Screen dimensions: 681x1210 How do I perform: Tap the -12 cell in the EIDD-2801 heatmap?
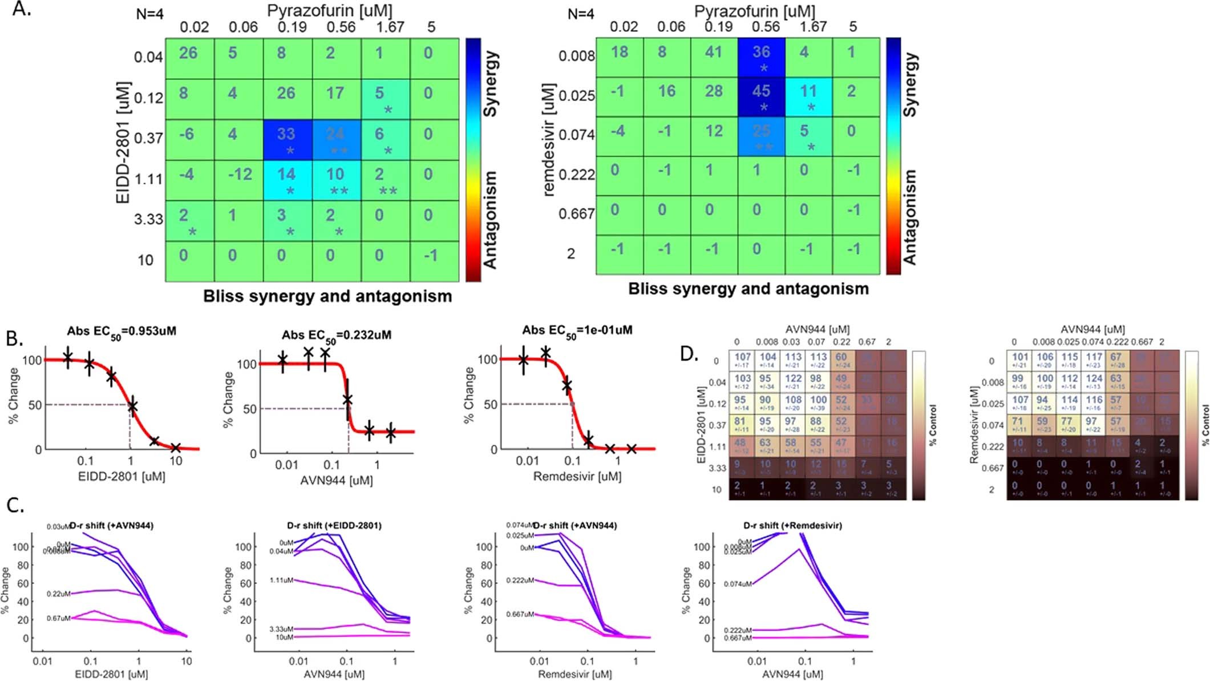[239, 175]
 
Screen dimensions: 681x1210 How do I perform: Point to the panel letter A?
[22, 10]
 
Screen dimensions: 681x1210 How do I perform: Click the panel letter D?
[689, 354]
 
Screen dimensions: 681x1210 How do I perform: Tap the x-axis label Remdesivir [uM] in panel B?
[577, 477]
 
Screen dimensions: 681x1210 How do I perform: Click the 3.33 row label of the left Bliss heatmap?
[148, 220]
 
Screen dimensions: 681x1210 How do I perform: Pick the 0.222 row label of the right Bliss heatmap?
[576, 175]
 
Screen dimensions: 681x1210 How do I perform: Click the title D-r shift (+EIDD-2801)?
[334, 525]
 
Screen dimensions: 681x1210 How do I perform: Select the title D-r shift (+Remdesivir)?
[792, 525]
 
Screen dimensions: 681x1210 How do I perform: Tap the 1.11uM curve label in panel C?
[281, 580]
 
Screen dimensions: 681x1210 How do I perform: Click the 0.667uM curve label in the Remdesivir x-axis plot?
[520, 614]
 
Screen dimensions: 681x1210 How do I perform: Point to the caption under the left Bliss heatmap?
[327, 297]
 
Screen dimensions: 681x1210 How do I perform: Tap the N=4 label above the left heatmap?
[149, 14]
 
